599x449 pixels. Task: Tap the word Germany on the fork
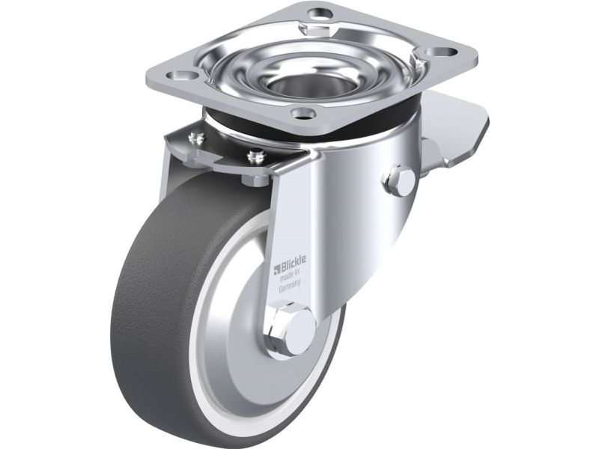point(290,286)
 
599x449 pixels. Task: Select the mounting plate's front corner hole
point(302,113)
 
